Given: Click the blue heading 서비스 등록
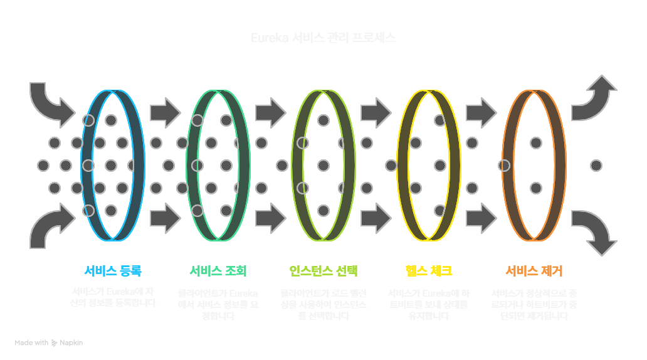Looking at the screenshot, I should (113, 271).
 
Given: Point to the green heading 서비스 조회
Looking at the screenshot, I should (218, 271).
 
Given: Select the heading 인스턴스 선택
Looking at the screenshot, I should (323, 271).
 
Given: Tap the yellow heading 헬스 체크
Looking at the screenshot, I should (428, 271).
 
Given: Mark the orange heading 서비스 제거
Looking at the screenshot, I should (534, 271).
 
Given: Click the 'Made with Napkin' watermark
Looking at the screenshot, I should (49, 343).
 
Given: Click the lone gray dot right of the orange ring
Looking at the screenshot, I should (596, 166).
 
